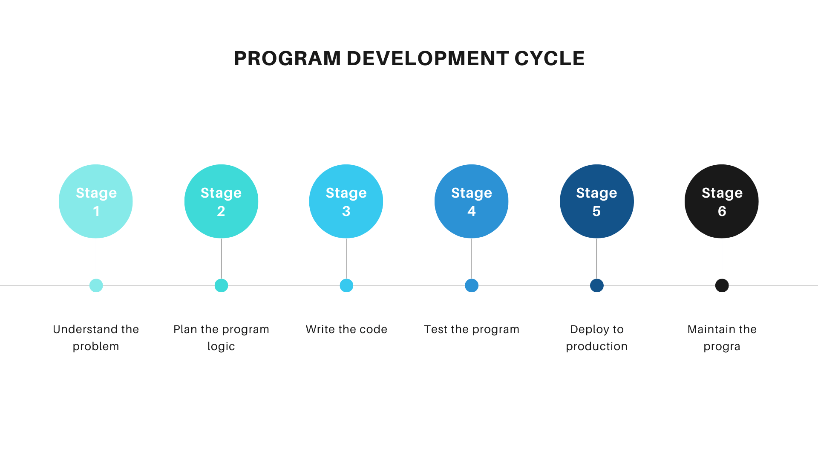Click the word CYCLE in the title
click(549, 58)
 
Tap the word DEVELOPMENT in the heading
click(428, 58)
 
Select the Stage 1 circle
click(96, 201)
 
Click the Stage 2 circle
click(221, 201)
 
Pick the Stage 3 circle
click(346, 201)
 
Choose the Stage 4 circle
click(471, 201)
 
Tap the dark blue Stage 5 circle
click(596, 201)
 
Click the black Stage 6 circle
click(722, 201)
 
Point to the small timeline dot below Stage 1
click(96, 285)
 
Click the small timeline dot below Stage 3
click(346, 285)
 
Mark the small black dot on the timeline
click(722, 285)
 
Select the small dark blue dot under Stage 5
click(596, 285)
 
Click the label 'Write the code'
click(346, 329)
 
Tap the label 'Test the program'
click(472, 329)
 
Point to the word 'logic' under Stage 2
click(221, 347)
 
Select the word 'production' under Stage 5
click(596, 347)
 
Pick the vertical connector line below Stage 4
click(471, 259)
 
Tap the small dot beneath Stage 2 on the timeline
click(221, 285)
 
